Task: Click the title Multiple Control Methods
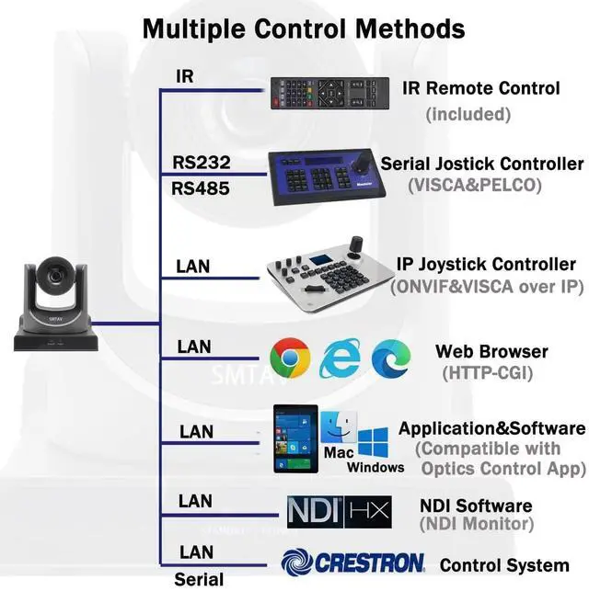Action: point(303,28)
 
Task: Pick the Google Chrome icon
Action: point(289,358)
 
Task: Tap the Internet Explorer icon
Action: point(339,358)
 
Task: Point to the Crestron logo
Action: point(352,562)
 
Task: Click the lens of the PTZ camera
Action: point(56,276)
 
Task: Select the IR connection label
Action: point(185,77)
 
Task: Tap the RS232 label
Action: point(201,163)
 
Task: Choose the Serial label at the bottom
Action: point(198,579)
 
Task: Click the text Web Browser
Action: point(491,351)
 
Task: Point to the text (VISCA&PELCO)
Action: point(475,185)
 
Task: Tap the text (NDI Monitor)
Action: point(476,525)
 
